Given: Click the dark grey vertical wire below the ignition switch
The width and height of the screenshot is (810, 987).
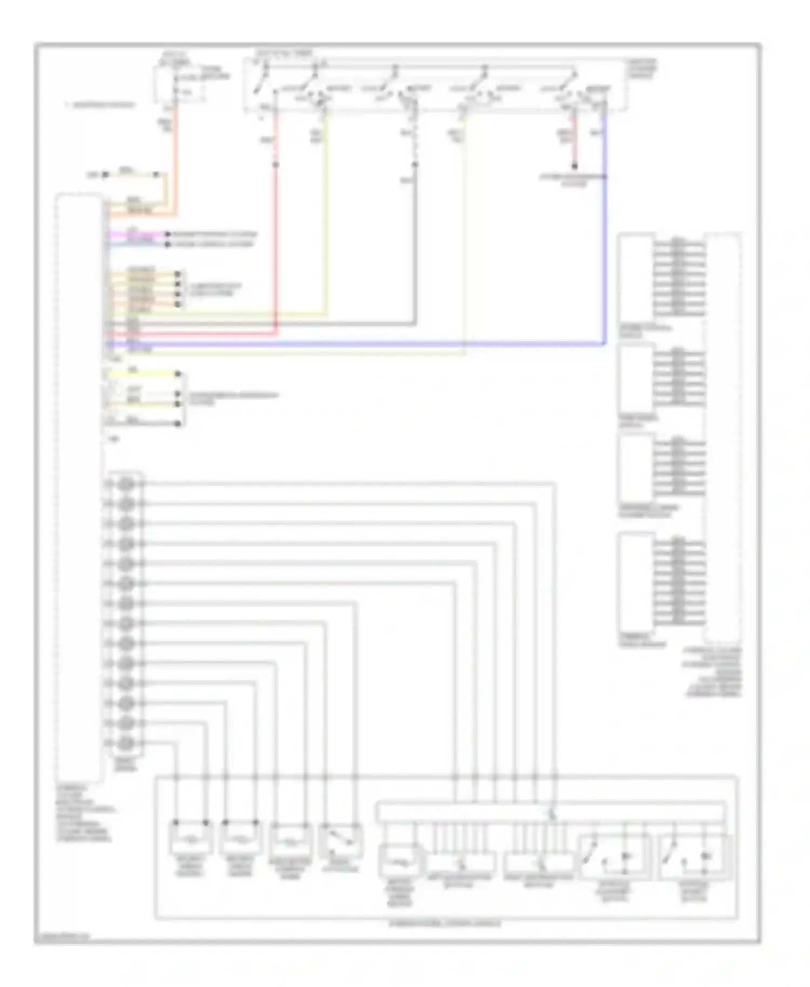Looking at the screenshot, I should [415, 243].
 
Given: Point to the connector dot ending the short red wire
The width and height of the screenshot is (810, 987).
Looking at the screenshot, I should [575, 166].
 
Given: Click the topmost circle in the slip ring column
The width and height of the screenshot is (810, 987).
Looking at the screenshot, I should [126, 484].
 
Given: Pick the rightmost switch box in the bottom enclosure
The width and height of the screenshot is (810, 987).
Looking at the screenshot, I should [695, 857].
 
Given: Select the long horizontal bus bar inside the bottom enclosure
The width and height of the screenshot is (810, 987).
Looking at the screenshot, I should [551, 812].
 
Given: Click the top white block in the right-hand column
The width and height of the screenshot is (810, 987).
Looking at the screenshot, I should [636, 278].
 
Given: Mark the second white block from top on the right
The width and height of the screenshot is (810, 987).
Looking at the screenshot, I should [636, 378].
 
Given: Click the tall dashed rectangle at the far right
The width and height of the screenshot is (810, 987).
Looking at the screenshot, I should [723, 437].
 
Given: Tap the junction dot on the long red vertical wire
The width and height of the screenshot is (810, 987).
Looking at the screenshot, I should [275, 164].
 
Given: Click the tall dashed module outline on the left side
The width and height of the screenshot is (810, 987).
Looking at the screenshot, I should [78, 486].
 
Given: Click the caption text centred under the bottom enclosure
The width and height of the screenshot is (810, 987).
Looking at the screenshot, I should [445, 924].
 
